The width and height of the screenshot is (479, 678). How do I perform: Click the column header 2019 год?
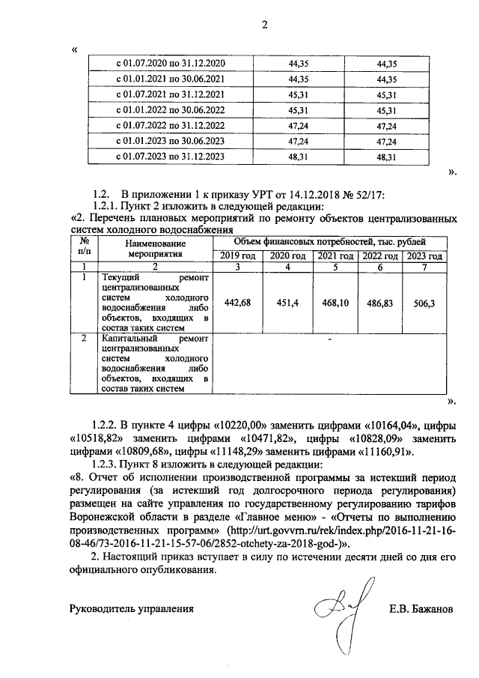[x=237, y=255]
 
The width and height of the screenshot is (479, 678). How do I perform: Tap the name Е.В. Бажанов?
[x=421, y=609]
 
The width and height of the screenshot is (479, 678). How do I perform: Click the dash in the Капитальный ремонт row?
[x=329, y=340]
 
